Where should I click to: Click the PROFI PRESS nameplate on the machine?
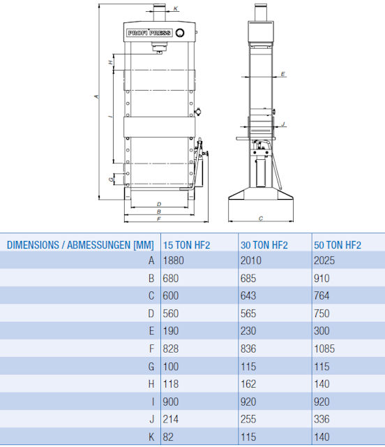click(x=149, y=33)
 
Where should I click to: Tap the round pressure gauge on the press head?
click(x=180, y=33)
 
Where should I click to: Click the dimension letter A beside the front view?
click(x=97, y=96)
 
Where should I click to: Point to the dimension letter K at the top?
click(x=176, y=8)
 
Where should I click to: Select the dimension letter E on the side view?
click(x=282, y=74)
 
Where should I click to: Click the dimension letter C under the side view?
click(x=261, y=219)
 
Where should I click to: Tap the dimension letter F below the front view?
click(x=159, y=219)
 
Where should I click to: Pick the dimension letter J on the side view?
click(x=283, y=124)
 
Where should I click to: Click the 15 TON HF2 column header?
click(x=186, y=245)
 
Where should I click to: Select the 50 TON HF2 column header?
click(x=338, y=245)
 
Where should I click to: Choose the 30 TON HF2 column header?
click(x=264, y=245)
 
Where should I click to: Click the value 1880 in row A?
click(x=173, y=261)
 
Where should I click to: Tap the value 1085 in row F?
click(x=324, y=349)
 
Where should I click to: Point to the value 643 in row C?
click(x=248, y=296)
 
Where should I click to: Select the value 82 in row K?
click(x=167, y=437)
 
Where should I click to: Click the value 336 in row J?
click(x=322, y=419)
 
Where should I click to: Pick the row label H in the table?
click(x=151, y=384)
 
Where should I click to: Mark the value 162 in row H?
click(x=248, y=384)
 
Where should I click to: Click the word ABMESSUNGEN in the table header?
click(x=99, y=245)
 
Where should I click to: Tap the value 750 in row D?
click(x=322, y=314)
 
